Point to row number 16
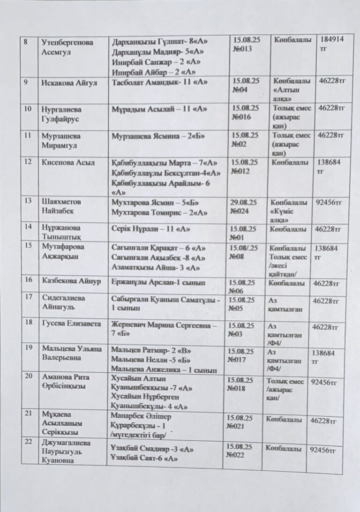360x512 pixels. [x=29, y=280]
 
